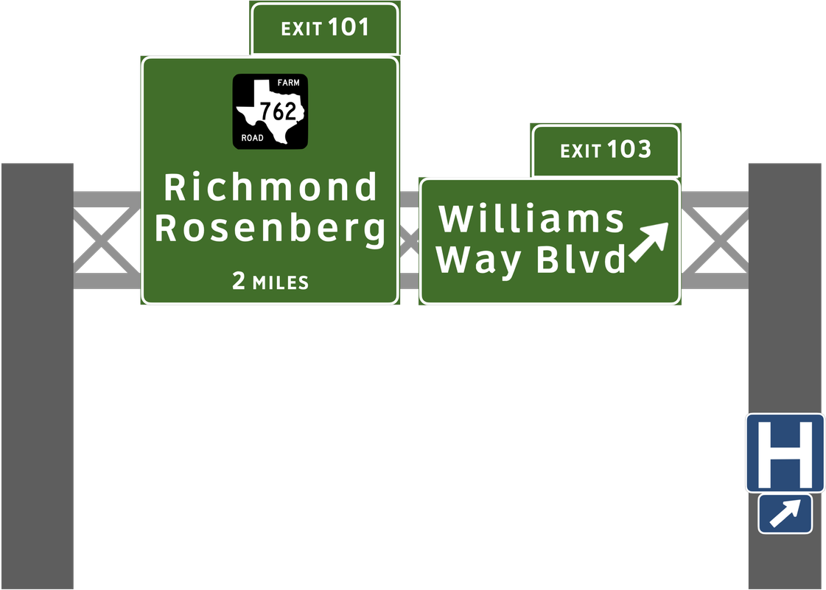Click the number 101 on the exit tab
[x=348, y=28]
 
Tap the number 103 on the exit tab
[x=629, y=150]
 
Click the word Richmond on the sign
[x=270, y=187]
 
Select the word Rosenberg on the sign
[x=270, y=229]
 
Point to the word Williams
[x=531, y=219]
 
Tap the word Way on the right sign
[x=481, y=261]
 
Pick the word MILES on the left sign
[x=280, y=282]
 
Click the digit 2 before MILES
[x=239, y=281]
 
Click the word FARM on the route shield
[x=288, y=83]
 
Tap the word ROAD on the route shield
[x=252, y=139]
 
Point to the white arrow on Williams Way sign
[x=648, y=242]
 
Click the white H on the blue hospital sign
[x=784, y=451]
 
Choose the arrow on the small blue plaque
[x=785, y=513]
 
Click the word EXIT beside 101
[x=301, y=29]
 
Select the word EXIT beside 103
[x=580, y=151]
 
